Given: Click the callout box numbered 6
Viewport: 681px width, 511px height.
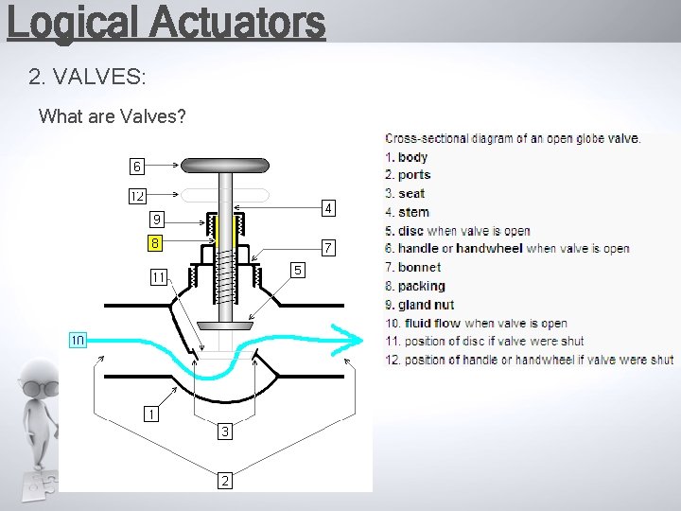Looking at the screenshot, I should pos(137,167).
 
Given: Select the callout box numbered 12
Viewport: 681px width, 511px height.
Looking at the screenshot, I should pos(137,197).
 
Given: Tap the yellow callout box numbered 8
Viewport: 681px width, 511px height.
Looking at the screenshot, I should pos(154,243).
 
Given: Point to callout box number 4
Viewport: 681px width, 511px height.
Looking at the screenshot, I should pos(326,207).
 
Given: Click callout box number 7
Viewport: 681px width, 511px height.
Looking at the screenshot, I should pos(326,249).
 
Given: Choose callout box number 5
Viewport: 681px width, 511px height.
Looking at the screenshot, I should pos(298,270).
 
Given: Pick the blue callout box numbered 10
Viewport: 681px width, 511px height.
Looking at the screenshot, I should pos(77,339).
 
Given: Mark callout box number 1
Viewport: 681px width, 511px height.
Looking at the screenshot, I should pos(150,414).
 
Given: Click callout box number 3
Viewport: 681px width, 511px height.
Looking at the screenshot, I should pos(224,432).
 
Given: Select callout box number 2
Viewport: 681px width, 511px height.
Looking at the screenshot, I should pos(224,480).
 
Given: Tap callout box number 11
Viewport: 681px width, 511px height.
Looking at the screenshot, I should pos(158,277).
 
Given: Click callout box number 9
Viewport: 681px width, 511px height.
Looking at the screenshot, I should pos(157,220).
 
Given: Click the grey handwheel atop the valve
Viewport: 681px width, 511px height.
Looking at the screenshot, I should pos(226,166).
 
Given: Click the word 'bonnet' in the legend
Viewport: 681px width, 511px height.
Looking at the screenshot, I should pos(419,268).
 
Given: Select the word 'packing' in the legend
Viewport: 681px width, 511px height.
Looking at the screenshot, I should pos(421,286).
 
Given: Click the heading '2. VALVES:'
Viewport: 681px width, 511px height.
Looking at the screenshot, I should pos(87,76).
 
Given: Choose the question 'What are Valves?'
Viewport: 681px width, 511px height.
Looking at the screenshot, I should pos(112,117).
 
